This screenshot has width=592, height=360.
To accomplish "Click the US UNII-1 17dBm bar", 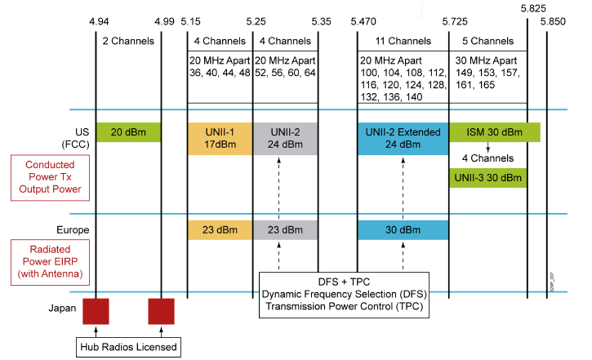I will coord(220,139).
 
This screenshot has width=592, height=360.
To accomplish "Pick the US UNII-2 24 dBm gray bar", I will coord(285,139).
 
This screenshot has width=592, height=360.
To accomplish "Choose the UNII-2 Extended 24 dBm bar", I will coord(403,139).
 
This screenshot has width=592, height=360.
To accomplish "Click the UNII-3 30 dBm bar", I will coord(487,177).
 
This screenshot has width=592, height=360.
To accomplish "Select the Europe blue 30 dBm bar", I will coord(403,230).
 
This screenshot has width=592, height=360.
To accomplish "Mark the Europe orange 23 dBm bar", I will coord(220,230).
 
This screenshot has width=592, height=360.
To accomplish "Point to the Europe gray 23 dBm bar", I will coord(285,230).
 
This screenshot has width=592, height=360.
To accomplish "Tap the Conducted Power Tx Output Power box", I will coord(47,178).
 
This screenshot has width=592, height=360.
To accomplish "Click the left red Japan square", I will coord(96,310).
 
